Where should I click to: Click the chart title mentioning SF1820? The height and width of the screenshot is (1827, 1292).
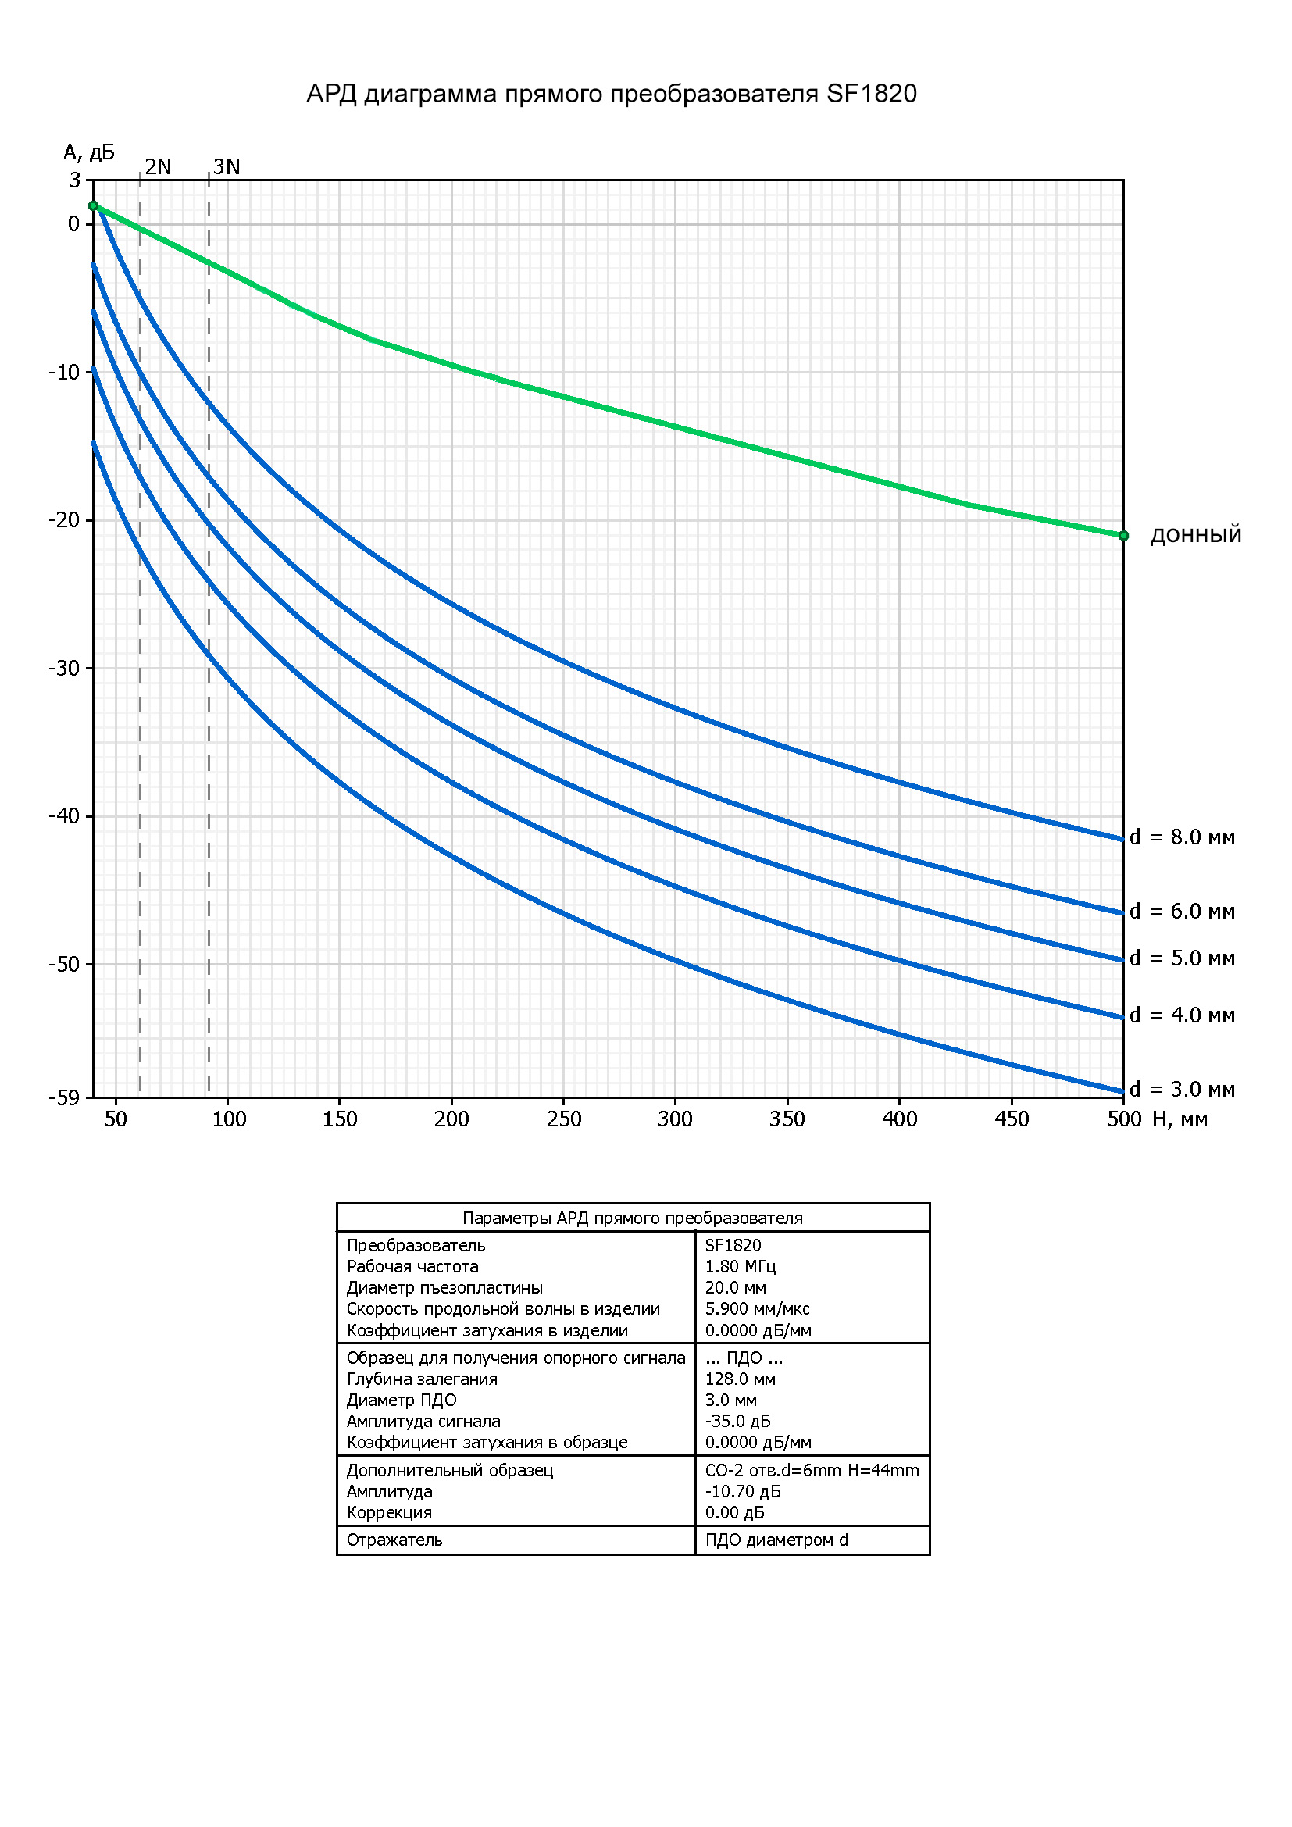(611, 94)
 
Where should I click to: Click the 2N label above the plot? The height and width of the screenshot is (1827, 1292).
(158, 166)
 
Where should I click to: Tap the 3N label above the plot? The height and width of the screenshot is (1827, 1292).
(226, 166)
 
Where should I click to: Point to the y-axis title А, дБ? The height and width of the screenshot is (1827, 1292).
(89, 152)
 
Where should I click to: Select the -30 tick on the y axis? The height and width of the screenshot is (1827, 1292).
(64, 668)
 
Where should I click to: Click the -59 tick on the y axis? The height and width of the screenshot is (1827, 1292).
(64, 1098)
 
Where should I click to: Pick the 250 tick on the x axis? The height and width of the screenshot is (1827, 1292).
(563, 1119)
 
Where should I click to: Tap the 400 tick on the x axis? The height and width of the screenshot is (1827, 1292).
(899, 1119)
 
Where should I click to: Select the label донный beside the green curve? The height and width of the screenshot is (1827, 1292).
(1195, 535)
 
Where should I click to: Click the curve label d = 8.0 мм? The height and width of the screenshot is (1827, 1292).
(1181, 837)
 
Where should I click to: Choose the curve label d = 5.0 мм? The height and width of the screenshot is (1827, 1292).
(1181, 958)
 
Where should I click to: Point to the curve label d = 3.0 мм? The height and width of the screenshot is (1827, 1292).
(1181, 1090)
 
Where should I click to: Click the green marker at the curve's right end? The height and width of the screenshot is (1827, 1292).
(1123, 536)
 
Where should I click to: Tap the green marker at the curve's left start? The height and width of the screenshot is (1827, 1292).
(93, 206)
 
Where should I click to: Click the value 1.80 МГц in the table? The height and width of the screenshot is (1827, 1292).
(740, 1266)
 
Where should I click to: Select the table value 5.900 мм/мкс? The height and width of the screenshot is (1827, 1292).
(757, 1308)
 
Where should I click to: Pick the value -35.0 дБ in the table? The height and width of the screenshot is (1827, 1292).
(737, 1420)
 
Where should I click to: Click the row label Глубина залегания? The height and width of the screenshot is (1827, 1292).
(422, 1378)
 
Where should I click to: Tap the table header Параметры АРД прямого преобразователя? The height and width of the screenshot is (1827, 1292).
(633, 1218)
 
